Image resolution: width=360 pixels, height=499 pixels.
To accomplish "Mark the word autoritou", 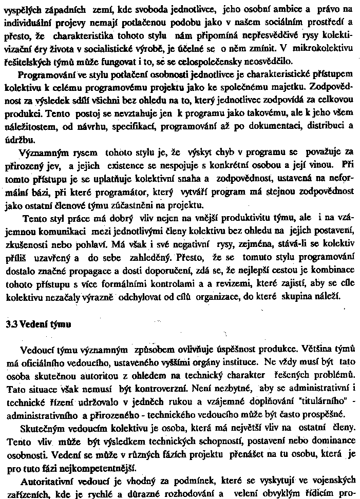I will click(94, 376).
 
